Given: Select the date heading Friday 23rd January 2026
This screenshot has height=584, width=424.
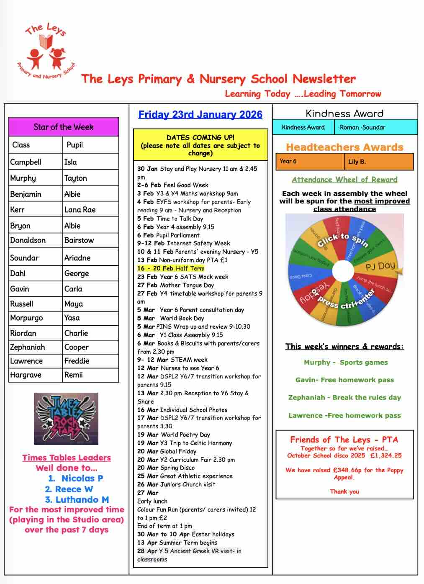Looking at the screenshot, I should (x=200, y=114).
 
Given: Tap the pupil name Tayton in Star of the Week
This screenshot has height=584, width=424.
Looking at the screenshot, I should (x=76, y=178).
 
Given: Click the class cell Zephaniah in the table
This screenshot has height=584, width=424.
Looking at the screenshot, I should (x=28, y=347).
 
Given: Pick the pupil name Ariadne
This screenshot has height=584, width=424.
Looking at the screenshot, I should (x=77, y=257).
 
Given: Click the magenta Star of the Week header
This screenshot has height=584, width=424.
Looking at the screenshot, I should (x=64, y=127).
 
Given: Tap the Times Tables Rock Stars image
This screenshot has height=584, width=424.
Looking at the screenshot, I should (x=66, y=419).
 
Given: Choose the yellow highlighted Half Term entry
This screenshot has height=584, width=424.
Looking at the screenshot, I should (x=171, y=268).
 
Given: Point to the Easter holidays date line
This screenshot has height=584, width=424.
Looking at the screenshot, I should (x=186, y=534).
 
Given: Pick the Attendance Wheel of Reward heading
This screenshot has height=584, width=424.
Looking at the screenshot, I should (x=344, y=180).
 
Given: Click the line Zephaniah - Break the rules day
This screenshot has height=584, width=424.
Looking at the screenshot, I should (x=344, y=397).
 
